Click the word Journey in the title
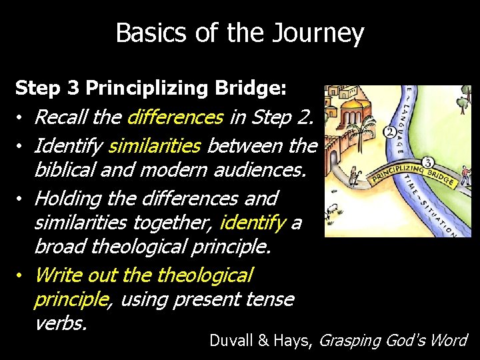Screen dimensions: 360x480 pyautogui.click(x=325, y=33)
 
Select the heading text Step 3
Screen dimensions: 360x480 pyautogui.click(x=49, y=87)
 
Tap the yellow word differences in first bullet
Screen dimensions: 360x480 pyautogui.click(x=175, y=117)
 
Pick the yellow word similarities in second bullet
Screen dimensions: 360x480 pyautogui.click(x=155, y=144)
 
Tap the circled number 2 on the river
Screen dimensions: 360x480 pyautogui.click(x=389, y=133)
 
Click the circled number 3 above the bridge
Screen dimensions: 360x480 pyautogui.click(x=428, y=162)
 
